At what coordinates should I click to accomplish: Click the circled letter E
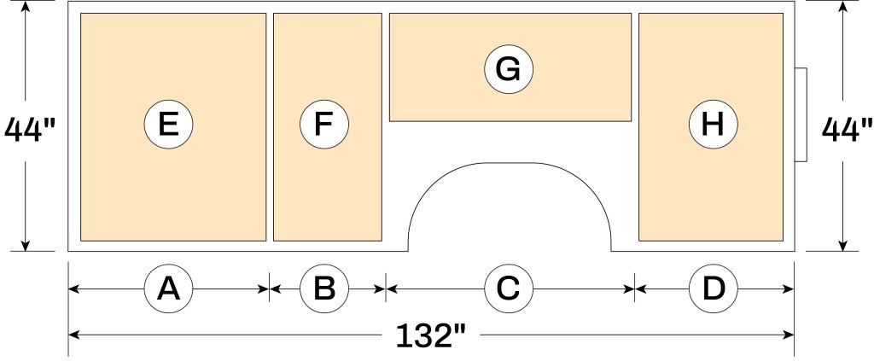pos(168,125)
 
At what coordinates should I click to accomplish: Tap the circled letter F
pos(323,125)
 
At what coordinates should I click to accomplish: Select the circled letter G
pos(509,69)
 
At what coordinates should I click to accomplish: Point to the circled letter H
pos(713,125)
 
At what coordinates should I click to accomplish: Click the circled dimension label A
pos(168,288)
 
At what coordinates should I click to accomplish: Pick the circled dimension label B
pos(323,288)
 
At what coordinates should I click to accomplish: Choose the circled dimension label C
pos(509,288)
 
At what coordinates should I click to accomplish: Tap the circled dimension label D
pos(713,288)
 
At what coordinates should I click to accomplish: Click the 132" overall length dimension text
pos(430,335)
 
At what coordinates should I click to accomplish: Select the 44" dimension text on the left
pos(30,129)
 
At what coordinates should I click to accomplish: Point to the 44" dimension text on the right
pos(847,129)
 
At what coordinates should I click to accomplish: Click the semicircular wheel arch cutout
pos(510,163)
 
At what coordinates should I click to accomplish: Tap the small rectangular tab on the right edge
pos(801,114)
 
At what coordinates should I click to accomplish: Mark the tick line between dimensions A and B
pos(270,288)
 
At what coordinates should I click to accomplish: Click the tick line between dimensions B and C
pos(386,288)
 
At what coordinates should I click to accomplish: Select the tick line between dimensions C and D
pos(635,288)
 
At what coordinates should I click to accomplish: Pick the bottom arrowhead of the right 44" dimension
pos(842,245)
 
